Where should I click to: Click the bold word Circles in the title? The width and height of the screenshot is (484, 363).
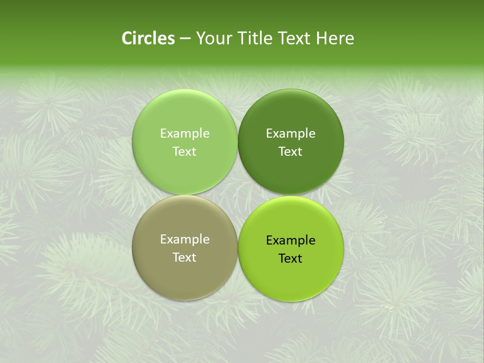pyautogui.click(x=148, y=38)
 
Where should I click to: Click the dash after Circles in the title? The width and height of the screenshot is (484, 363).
pyautogui.click(x=185, y=39)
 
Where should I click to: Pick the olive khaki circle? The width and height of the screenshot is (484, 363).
pyautogui.click(x=185, y=272)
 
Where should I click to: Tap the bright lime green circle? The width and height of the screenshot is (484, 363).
pyautogui.click(x=291, y=275)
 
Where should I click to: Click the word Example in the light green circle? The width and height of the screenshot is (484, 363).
pyautogui.click(x=185, y=134)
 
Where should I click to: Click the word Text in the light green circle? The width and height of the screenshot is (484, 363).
pyautogui.click(x=185, y=151)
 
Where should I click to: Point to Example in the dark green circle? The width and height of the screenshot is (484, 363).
pyautogui.click(x=291, y=134)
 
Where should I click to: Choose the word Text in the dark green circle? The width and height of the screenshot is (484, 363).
pyautogui.click(x=291, y=151)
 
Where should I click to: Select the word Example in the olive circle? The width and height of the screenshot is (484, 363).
pyautogui.click(x=185, y=239)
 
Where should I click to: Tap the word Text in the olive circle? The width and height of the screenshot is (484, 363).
pyautogui.click(x=185, y=257)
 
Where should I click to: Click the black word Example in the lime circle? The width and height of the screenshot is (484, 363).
pyautogui.click(x=291, y=240)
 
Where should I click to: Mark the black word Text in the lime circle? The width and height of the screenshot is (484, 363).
pyautogui.click(x=291, y=258)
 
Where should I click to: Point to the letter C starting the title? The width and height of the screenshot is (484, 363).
pyautogui.click(x=127, y=38)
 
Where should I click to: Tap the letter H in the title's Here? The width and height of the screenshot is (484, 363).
pyautogui.click(x=321, y=38)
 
